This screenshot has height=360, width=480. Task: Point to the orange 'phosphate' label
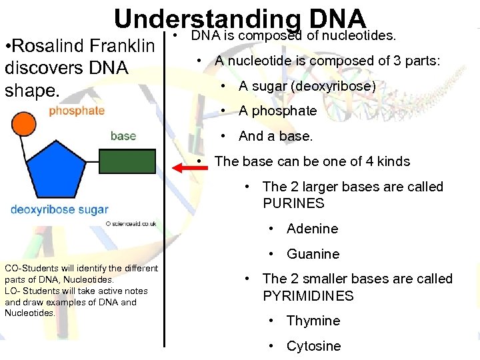tap(77, 111)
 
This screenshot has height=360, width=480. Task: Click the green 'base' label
tap(123, 136)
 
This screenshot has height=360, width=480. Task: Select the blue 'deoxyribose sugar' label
tap(59, 210)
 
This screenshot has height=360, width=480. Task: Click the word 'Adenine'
tap(312, 229)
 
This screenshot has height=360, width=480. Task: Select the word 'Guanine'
tap(313, 254)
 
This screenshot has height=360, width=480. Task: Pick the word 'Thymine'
tap(313, 321)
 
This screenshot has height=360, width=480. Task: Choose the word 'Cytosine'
tap(313, 346)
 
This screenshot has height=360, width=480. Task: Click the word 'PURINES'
tap(293, 203)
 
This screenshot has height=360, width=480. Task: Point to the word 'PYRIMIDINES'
tap(308, 295)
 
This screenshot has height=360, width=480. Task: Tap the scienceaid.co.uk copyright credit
tap(131, 224)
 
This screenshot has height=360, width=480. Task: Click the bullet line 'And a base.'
tap(275, 136)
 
